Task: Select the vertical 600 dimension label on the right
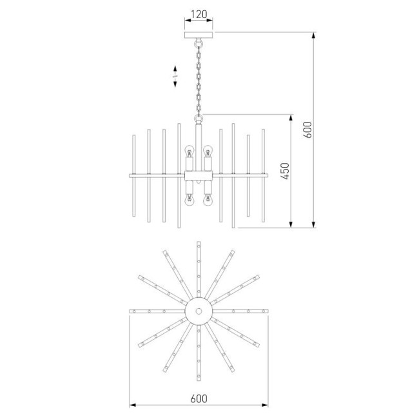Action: point(307,129)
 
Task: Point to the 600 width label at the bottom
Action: point(199,398)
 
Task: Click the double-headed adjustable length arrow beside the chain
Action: point(175,75)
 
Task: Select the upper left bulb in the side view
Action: point(190,152)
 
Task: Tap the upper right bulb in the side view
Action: point(208,152)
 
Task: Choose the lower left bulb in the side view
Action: point(190,200)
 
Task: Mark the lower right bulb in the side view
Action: point(208,200)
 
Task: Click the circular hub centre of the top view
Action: point(199,311)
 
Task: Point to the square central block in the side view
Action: point(199,175)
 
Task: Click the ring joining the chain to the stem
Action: point(199,118)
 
